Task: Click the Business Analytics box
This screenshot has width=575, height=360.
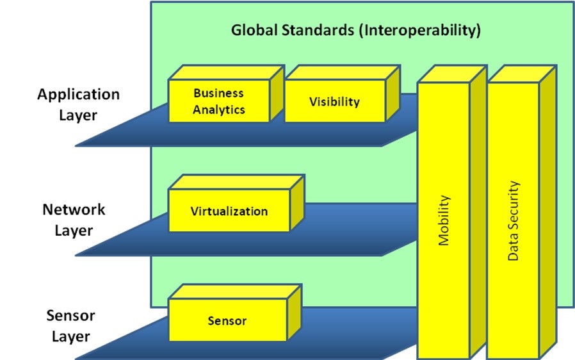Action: click(219, 101)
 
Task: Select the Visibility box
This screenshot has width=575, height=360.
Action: click(334, 101)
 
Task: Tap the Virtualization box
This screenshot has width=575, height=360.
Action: click(229, 211)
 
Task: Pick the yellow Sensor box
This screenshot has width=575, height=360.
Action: click(227, 320)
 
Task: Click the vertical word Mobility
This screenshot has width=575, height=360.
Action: click(444, 221)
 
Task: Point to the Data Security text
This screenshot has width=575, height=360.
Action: click(513, 221)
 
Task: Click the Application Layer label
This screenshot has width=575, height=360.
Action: click(78, 104)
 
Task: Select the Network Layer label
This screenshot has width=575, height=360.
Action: click(74, 220)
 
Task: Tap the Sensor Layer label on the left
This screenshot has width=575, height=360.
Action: click(70, 325)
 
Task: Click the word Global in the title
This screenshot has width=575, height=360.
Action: click(254, 29)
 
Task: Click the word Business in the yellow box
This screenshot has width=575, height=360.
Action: click(219, 93)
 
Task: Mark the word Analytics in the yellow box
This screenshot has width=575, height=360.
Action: click(219, 110)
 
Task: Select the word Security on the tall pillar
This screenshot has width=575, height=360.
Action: click(513, 205)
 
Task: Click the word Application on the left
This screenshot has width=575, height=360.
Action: click(78, 94)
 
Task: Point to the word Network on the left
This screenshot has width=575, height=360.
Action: click(74, 209)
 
